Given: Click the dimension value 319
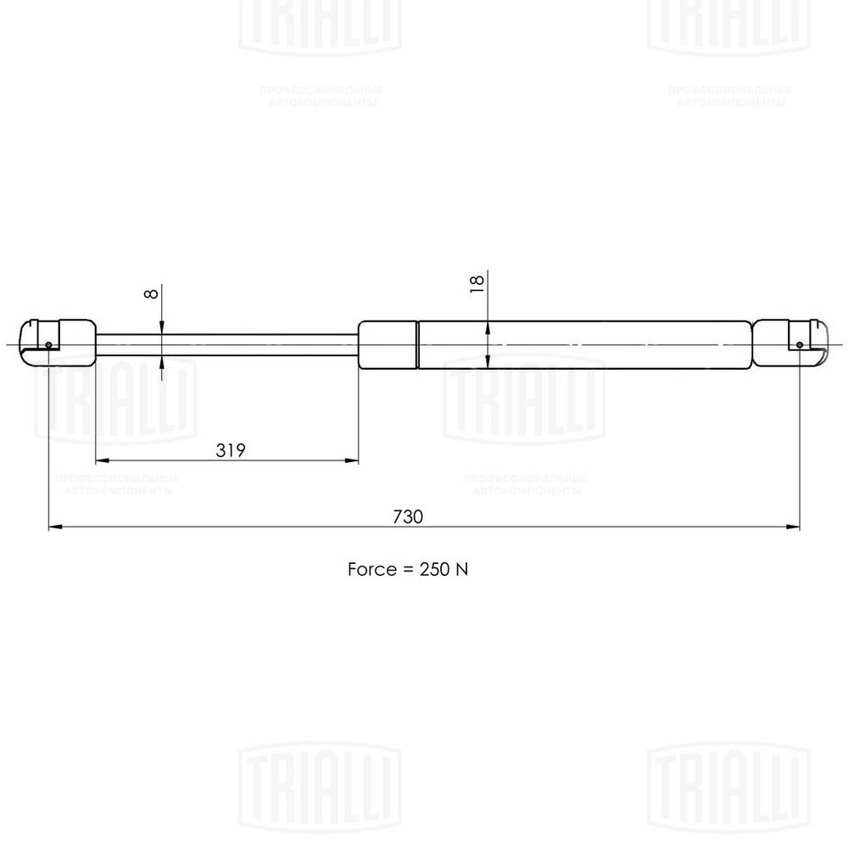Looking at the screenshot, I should tap(230, 450).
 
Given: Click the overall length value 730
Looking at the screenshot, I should tap(407, 516).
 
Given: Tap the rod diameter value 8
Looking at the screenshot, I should tap(150, 293).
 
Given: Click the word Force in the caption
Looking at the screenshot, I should tap(371, 569).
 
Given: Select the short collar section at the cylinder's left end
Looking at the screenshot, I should tap(388, 344).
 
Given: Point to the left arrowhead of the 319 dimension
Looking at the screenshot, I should tap(101, 461).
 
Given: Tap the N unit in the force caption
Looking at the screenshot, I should tap(462, 569).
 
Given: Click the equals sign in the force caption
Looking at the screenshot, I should tap(404, 570).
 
